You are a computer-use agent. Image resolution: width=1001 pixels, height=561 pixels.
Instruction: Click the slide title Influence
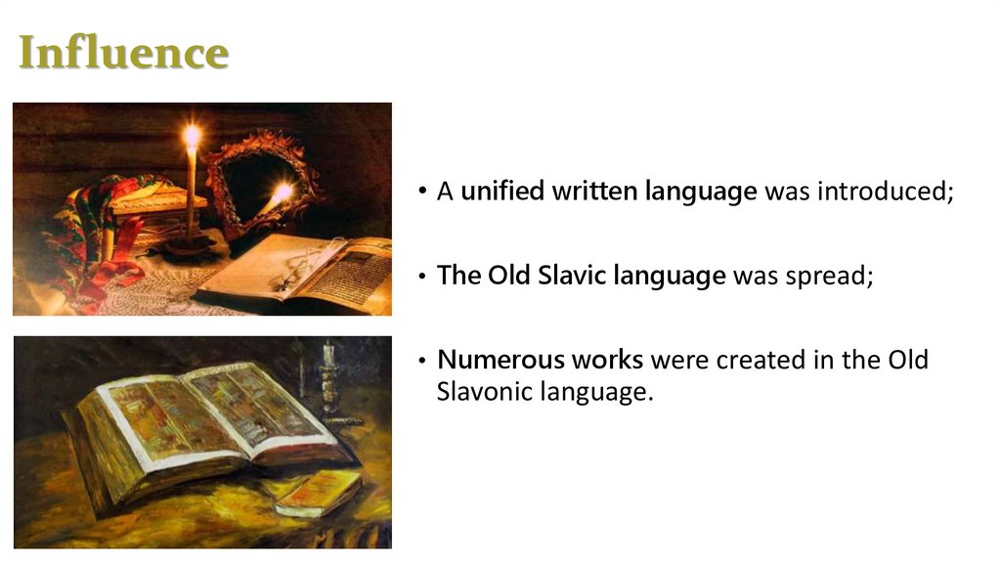pos(124,52)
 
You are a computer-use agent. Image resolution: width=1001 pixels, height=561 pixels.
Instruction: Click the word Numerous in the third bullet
pos(500,360)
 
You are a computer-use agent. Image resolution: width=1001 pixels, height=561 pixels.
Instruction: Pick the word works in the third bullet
pos(607,360)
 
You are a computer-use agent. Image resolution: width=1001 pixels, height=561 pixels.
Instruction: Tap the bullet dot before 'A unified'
pos(422,191)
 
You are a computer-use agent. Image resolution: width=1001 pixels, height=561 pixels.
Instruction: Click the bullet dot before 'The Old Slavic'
pos(422,276)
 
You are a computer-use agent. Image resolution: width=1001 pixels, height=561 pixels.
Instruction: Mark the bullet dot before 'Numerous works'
pos(422,361)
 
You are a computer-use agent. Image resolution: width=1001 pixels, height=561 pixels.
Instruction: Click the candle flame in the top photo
pos(193,136)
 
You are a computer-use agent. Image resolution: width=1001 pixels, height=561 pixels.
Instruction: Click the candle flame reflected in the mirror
pos(282,192)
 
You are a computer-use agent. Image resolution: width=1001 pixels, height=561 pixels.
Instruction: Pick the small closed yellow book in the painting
pos(318,493)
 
